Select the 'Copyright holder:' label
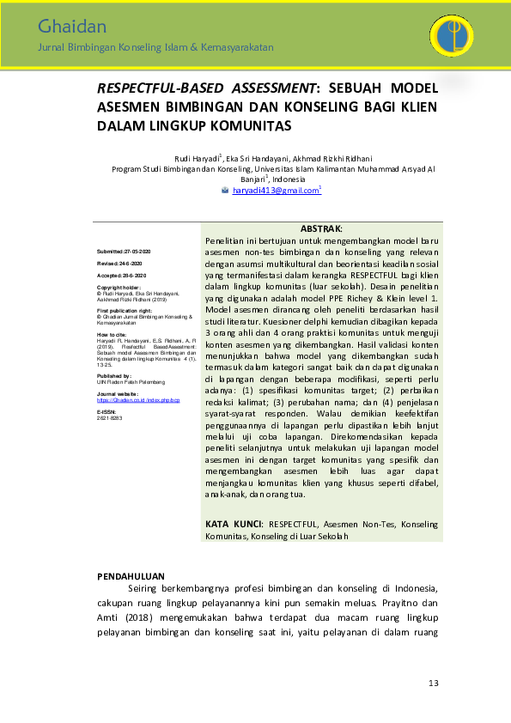[x=119, y=287]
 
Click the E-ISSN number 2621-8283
[x=108, y=417]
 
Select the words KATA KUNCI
[x=235, y=524]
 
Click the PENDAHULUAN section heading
[x=131, y=575]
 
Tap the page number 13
[x=433, y=683]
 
